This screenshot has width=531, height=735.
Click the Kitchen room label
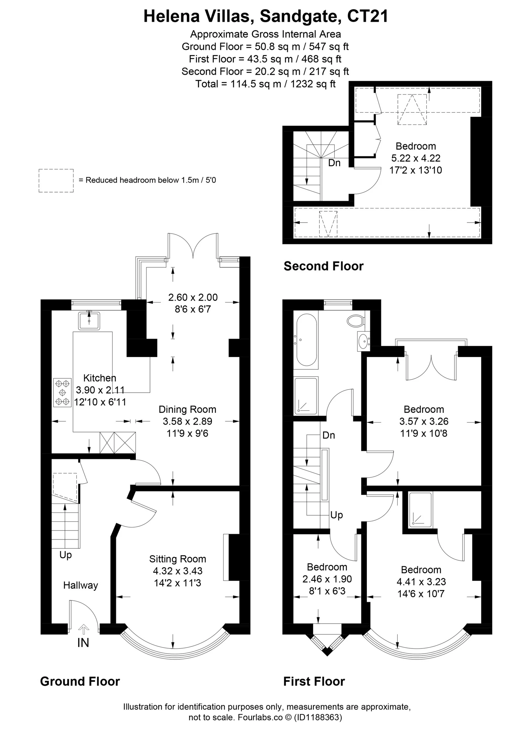(x=100, y=378)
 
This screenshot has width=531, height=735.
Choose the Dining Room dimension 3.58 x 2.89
(x=187, y=421)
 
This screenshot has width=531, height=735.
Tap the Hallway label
(x=81, y=585)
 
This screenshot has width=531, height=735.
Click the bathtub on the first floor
(x=306, y=340)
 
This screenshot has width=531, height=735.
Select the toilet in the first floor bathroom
(x=356, y=321)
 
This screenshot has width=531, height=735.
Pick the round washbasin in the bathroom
(x=364, y=341)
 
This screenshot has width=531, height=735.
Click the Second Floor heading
(x=324, y=266)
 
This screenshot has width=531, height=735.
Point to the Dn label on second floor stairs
(x=335, y=163)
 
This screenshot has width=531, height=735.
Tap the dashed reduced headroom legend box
(x=56, y=181)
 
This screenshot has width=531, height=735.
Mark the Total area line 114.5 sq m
(x=265, y=84)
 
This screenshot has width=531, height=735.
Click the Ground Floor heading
(x=80, y=682)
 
